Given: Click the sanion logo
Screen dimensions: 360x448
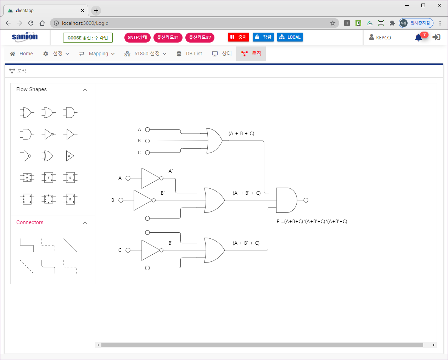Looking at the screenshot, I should click(x=25, y=37).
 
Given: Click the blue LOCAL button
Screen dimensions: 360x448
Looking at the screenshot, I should click(x=290, y=37).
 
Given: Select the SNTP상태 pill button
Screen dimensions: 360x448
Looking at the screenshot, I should click(x=138, y=38).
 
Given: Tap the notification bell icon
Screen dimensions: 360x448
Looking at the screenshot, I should click(x=418, y=38).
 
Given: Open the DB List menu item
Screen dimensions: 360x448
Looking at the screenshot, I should click(x=190, y=54).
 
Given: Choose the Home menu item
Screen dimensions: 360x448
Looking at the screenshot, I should click(x=22, y=54).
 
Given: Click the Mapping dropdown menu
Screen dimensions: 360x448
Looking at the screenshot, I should click(x=97, y=54).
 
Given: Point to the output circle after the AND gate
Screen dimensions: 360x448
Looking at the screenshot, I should click(x=306, y=200).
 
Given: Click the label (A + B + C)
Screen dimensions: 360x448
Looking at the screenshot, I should click(x=241, y=134).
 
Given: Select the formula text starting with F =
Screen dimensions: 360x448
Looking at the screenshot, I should click(x=312, y=221).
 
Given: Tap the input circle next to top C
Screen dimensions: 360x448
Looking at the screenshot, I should click(x=147, y=153).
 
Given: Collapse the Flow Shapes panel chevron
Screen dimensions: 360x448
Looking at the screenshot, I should click(x=85, y=90).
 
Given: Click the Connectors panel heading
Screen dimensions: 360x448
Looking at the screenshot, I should click(x=30, y=222).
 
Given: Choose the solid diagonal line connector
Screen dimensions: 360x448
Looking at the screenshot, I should click(x=70, y=245).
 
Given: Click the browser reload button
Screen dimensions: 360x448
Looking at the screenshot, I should click(x=31, y=23).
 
